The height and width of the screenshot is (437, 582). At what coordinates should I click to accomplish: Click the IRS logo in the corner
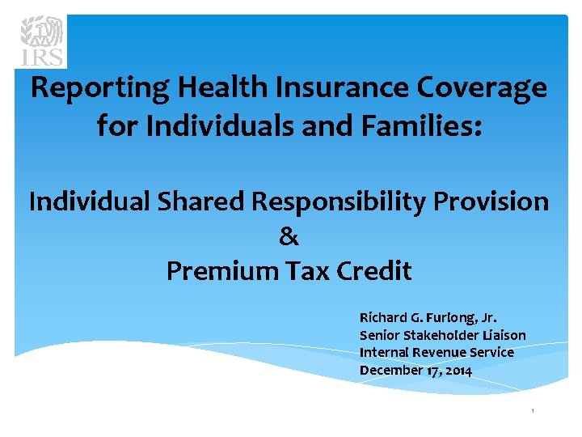point(42,40)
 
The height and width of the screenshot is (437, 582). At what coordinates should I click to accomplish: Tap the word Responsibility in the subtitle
point(348,202)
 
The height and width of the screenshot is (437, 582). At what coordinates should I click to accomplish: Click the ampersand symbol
point(289,236)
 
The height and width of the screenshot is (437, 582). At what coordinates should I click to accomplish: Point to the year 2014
point(458,371)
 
